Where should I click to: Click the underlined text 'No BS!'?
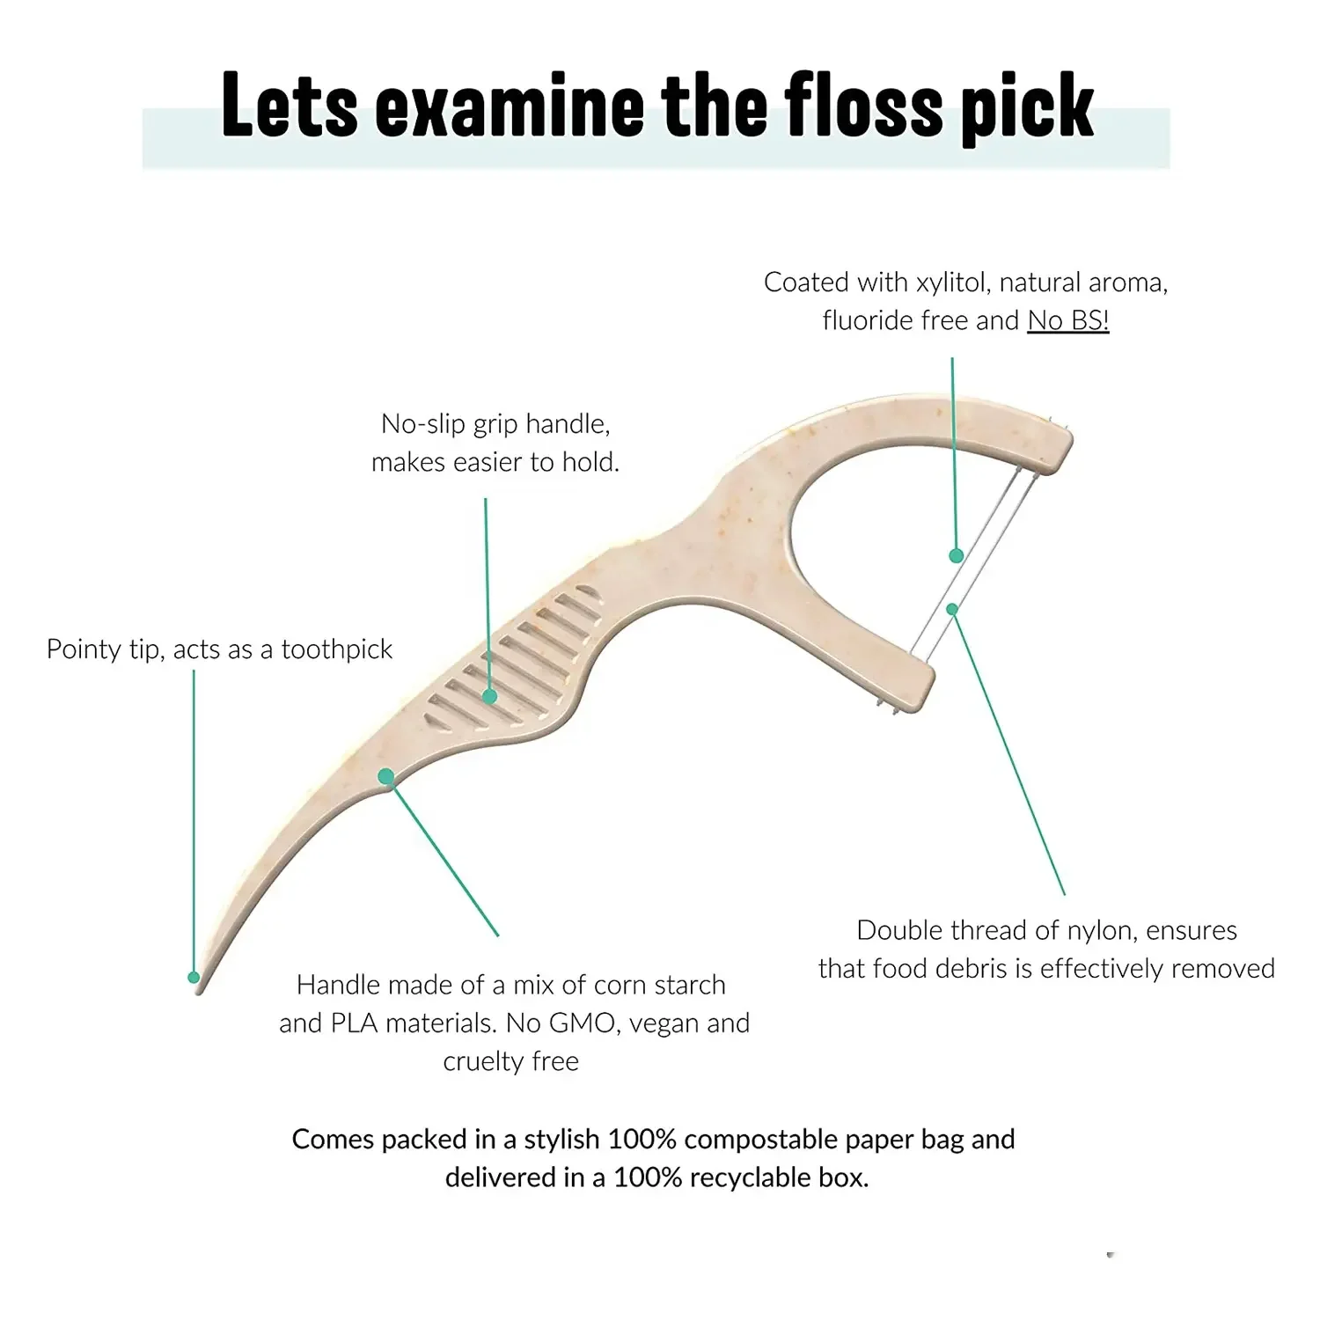click(1067, 320)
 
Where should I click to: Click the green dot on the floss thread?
click(956, 555)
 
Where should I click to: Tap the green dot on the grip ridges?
click(490, 696)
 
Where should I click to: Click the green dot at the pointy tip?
click(194, 977)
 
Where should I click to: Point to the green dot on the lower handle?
click(385, 776)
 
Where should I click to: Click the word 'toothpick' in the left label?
click(336, 649)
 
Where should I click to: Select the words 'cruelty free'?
click(510, 1061)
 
